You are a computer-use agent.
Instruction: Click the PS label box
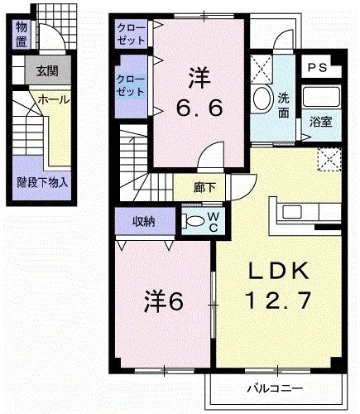(317, 67)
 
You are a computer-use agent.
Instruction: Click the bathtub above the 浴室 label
(320, 97)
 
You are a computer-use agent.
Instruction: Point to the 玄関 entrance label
(48, 71)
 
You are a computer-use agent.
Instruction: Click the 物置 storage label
(22, 34)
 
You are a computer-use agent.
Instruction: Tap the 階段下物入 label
(42, 182)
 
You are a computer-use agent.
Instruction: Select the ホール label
(54, 99)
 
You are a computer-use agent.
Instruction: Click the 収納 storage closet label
(144, 222)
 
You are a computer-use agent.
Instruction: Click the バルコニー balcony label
(275, 389)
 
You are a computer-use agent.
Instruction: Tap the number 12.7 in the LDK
(278, 301)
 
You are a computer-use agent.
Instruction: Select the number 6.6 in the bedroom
(199, 108)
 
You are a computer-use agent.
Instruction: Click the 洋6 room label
(163, 301)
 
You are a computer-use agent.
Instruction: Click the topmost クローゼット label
(131, 34)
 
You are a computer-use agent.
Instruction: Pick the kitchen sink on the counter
(291, 212)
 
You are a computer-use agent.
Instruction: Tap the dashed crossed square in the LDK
(329, 160)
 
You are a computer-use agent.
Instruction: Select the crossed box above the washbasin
(262, 69)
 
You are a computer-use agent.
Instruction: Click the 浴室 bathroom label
(320, 122)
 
